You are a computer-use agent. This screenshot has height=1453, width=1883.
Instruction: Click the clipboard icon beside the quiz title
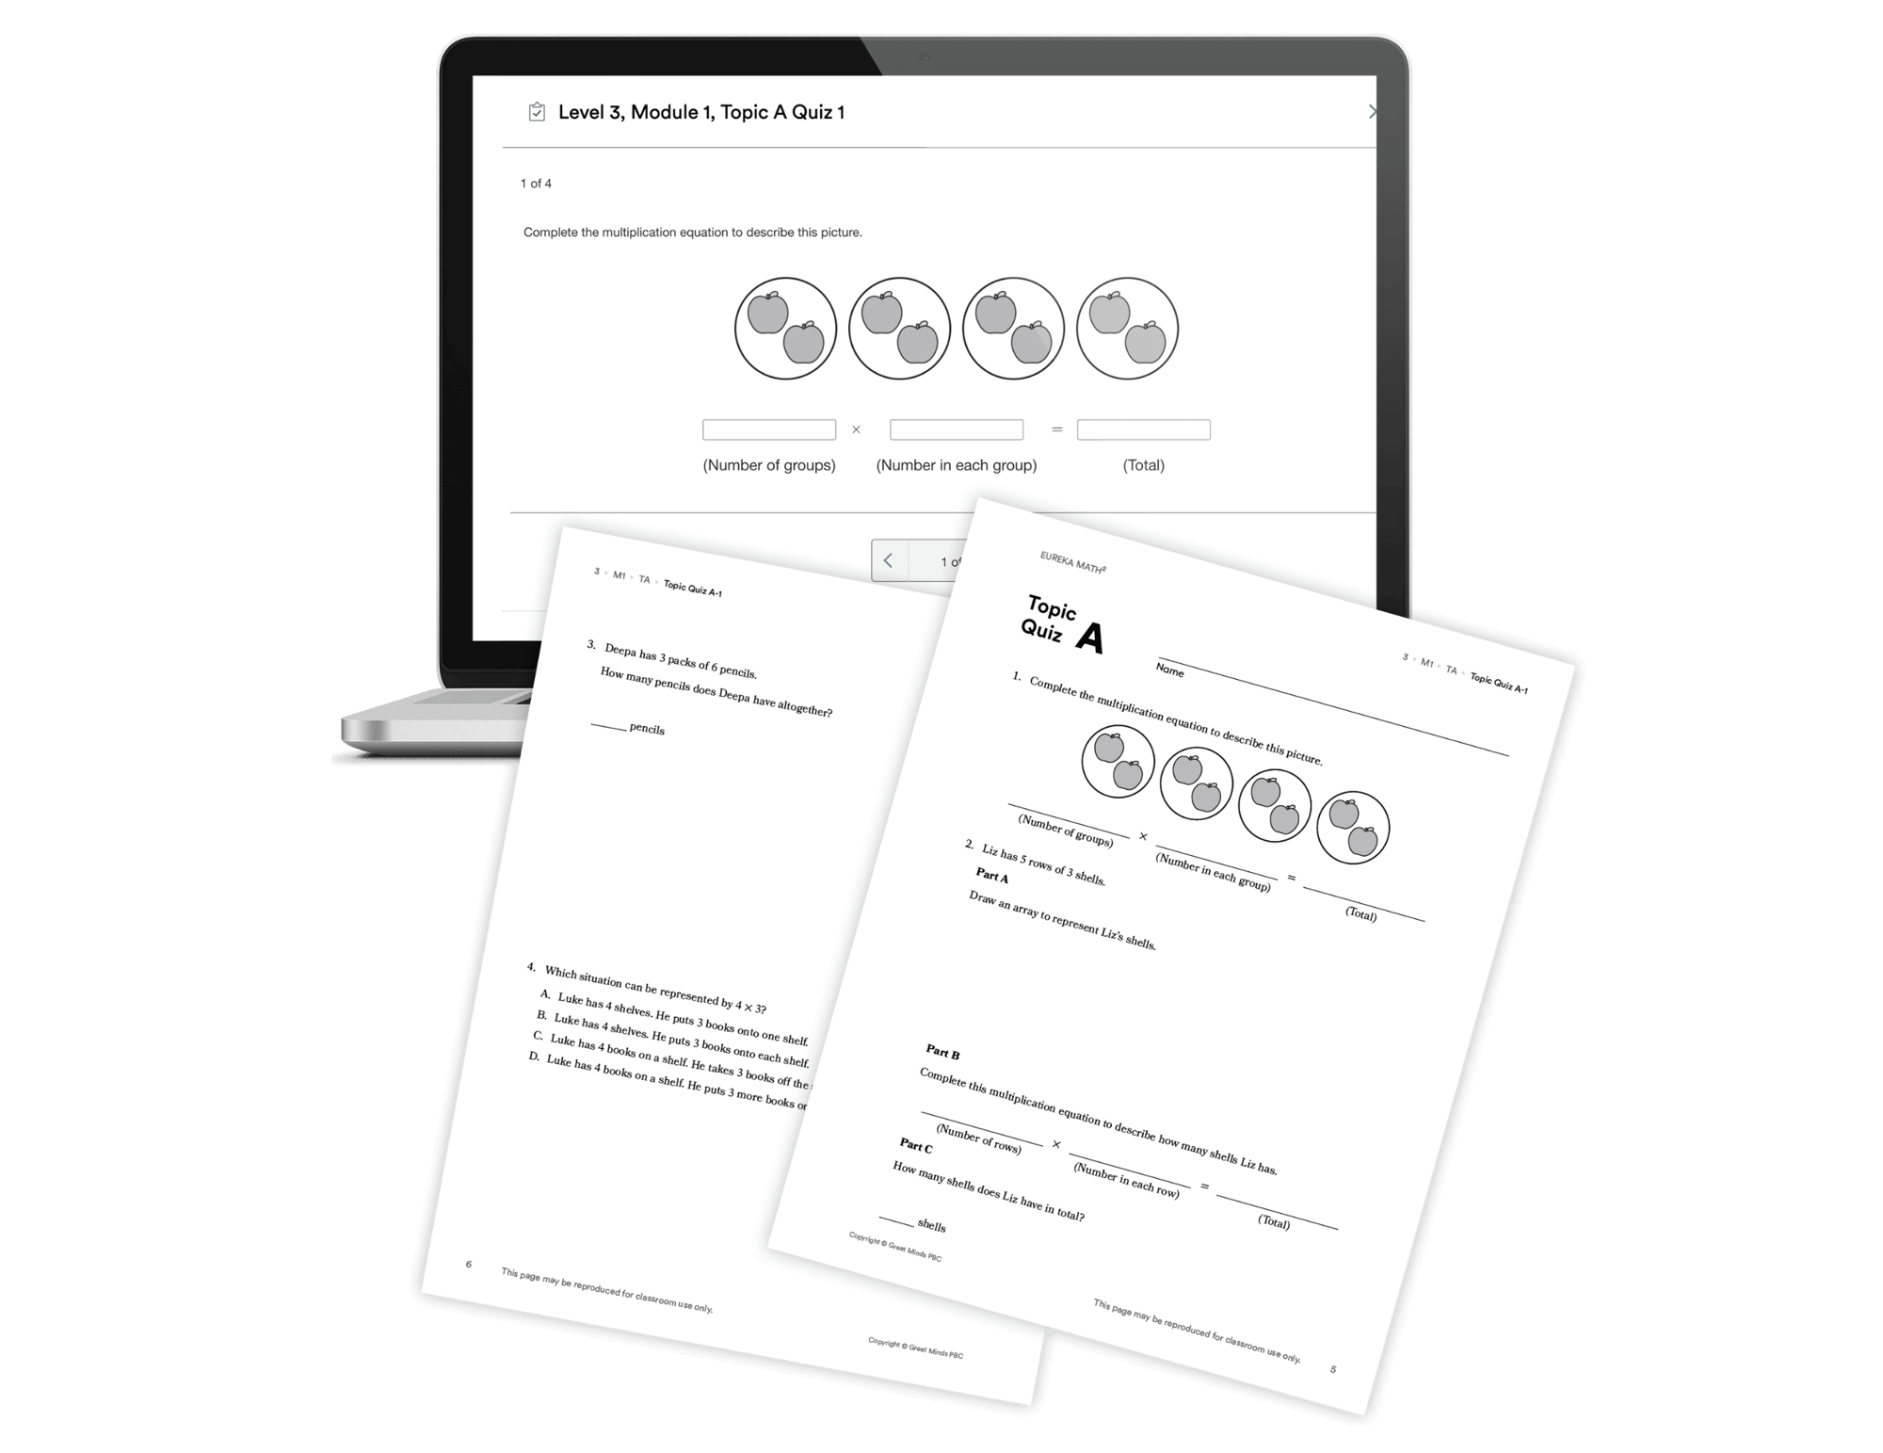point(537,112)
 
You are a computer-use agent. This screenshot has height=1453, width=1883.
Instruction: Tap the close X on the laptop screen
point(1372,112)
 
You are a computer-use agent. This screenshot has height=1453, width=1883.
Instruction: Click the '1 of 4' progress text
point(536,184)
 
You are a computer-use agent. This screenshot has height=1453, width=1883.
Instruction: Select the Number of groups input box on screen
point(769,430)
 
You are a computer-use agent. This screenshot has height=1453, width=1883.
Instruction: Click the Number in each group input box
point(957,430)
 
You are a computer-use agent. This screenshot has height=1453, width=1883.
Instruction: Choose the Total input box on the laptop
point(1143,430)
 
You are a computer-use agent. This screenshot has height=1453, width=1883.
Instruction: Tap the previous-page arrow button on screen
point(889,561)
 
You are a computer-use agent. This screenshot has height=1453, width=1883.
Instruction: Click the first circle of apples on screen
point(785,329)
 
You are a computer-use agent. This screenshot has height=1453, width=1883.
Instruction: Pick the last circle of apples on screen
point(1127,329)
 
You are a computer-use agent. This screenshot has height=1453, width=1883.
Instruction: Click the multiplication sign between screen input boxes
point(856,430)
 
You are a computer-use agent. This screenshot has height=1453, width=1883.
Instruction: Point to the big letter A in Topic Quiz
point(1089,638)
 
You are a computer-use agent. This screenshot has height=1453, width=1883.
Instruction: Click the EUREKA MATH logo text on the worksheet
point(1072,562)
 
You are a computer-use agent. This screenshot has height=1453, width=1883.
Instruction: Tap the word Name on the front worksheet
point(1169,670)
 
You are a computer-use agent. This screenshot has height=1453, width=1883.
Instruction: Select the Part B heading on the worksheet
point(942,1053)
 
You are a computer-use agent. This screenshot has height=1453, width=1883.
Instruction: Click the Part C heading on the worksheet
point(916,1146)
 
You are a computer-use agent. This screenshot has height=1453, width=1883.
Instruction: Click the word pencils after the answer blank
point(647,729)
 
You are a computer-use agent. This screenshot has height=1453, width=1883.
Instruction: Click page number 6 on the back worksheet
point(469,1265)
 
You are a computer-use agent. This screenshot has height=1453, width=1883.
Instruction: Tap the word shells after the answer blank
point(931,1225)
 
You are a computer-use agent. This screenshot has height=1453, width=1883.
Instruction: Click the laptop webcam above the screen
point(925,57)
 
